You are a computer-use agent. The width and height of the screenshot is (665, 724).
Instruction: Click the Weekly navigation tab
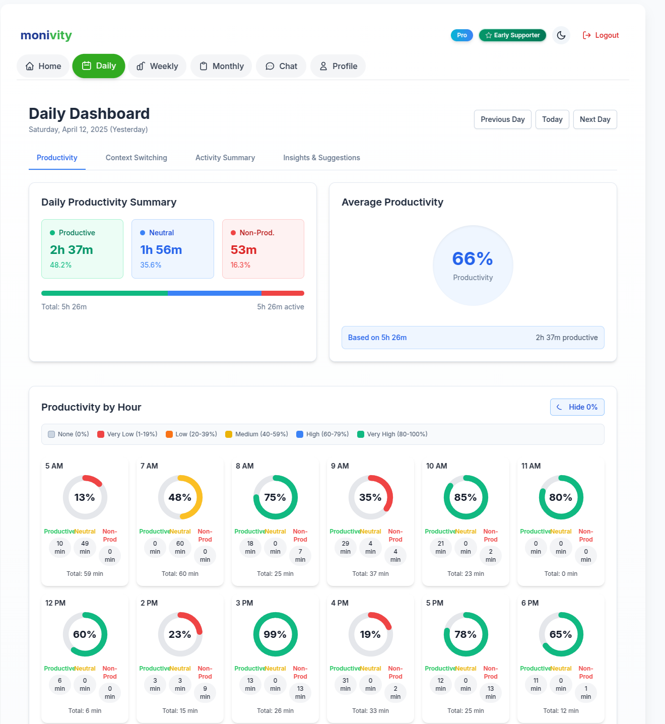point(157,66)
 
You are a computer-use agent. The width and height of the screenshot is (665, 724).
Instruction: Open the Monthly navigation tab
point(221,66)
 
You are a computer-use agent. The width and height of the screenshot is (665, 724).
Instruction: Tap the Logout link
point(601,35)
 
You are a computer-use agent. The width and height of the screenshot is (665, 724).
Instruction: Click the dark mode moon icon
point(561,35)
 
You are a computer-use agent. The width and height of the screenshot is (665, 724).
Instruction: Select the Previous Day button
point(502,119)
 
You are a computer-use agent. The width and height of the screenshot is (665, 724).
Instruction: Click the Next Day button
point(594,119)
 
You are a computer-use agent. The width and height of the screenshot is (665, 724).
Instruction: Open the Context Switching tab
point(136,158)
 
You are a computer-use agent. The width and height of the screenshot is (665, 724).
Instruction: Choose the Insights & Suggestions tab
point(321,158)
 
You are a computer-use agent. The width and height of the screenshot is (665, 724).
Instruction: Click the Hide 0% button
point(577,407)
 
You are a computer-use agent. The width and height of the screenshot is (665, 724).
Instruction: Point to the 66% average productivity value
point(473,259)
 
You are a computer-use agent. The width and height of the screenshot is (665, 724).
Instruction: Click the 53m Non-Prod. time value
point(244,250)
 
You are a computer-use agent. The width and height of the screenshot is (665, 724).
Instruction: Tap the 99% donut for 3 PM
point(275,634)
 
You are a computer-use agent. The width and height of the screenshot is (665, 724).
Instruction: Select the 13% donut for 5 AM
point(85,497)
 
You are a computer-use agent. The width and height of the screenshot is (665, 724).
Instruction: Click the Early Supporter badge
point(512,35)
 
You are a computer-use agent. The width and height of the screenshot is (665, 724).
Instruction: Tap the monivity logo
point(46,35)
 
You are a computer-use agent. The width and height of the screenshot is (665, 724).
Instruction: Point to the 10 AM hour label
point(436,466)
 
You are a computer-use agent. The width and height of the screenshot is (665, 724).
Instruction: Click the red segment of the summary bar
point(283,293)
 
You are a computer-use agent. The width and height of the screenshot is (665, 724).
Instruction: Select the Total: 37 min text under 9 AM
point(370,574)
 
